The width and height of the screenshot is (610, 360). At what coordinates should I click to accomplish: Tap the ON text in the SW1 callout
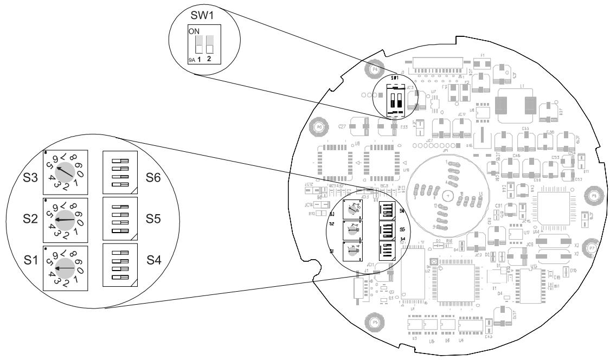click(x=193, y=31)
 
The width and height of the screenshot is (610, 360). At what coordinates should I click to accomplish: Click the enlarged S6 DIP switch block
click(x=121, y=170)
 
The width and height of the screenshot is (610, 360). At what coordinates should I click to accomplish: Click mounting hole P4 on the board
click(x=374, y=70)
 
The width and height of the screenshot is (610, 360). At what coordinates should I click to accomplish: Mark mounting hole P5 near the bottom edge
click(x=375, y=321)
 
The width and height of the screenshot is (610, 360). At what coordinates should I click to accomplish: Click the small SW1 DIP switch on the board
click(x=394, y=100)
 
